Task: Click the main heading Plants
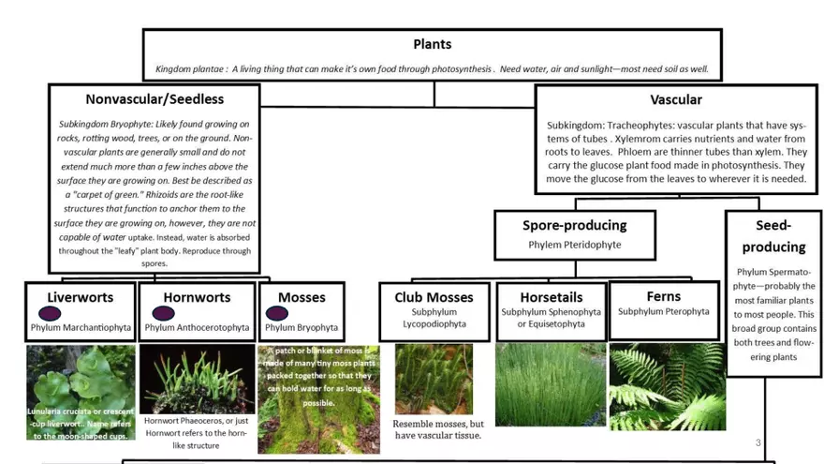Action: coord(432,44)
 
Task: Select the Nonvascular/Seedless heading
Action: coord(154,98)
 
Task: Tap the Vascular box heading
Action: coord(675,99)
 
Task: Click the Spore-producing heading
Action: coord(574,225)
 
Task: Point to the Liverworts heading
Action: coord(81,297)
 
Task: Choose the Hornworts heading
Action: coord(197,297)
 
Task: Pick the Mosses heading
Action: coord(302,297)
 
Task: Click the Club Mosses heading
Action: coord(434,297)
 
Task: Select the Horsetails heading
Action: coord(551,297)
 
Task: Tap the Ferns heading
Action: coord(664,296)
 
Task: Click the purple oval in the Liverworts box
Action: coord(47,314)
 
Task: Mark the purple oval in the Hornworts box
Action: coord(163,314)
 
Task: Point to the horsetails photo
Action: coord(551,384)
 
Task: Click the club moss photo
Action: coord(434,378)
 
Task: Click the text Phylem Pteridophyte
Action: coord(574,245)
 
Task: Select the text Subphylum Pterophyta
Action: coord(664,311)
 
